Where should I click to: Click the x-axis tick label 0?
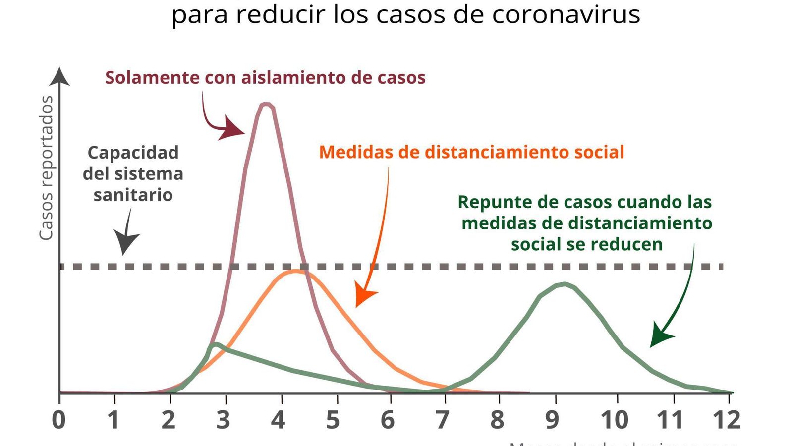58,420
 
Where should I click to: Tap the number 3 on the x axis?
223,420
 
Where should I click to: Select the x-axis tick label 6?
388,420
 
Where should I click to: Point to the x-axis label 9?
552,420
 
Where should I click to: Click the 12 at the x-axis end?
726,420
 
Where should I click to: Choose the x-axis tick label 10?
615,420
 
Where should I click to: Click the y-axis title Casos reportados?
46,168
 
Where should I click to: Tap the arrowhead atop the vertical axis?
60,77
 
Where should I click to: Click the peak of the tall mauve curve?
267,104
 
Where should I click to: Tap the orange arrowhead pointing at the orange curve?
365,297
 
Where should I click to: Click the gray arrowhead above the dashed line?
126,242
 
